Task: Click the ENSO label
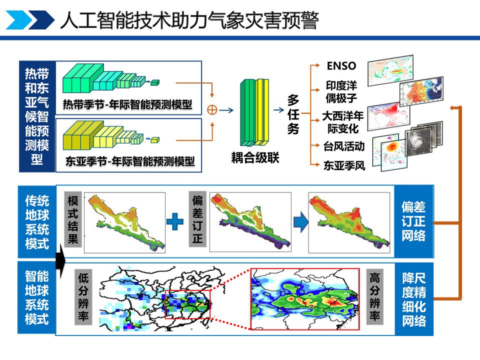tap(341, 66)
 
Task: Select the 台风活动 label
tap(344, 146)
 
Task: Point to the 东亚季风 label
tap(344, 165)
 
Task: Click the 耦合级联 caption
tap(255, 158)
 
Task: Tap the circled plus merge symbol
tap(212, 110)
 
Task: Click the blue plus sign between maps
tap(175, 221)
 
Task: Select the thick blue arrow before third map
tap(301, 222)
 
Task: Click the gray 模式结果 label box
tap(73, 219)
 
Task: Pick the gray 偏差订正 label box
tap(197, 219)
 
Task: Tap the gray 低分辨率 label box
tap(83, 296)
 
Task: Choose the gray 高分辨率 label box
tap(375, 296)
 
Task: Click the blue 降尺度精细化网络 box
tap(414, 299)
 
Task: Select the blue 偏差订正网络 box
tap(414, 221)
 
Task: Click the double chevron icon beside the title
tap(30, 20)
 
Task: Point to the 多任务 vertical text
tap(293, 114)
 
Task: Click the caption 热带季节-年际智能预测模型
tap(127, 104)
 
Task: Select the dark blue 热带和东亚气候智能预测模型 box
tap(37, 116)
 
